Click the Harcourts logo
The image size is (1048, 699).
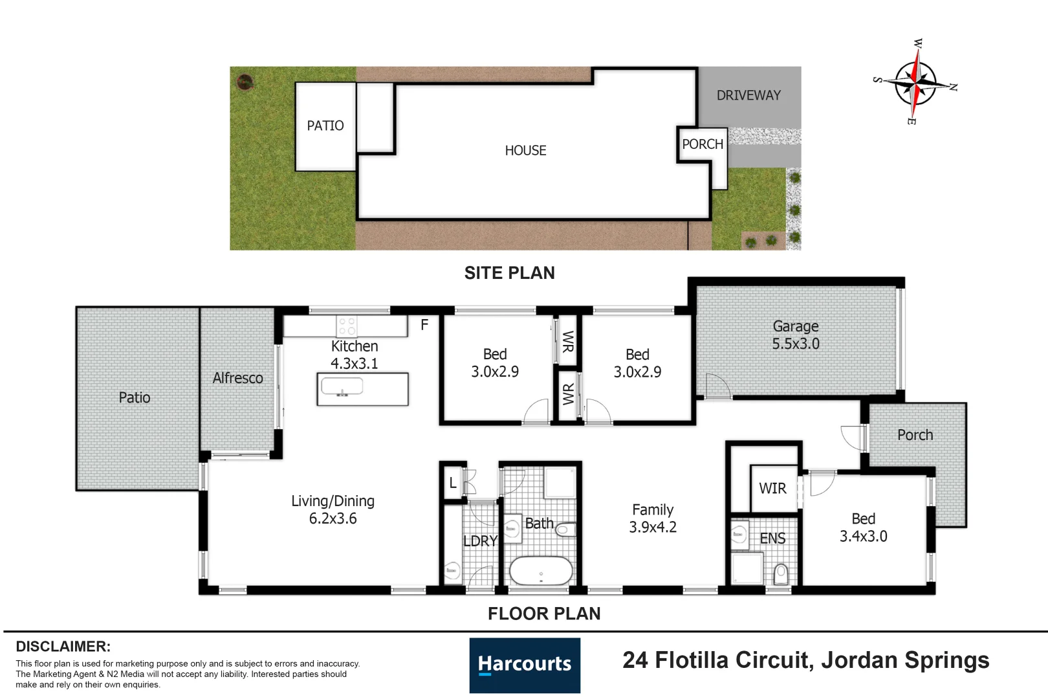(x=525, y=665)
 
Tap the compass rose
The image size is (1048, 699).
(x=915, y=82)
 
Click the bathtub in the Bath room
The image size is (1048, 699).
(x=541, y=571)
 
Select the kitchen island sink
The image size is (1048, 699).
(x=342, y=387)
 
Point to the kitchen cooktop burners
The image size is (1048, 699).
(x=347, y=326)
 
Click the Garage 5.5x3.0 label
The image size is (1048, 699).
(x=795, y=335)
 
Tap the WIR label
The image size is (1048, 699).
(x=772, y=488)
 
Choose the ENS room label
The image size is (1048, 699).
(x=772, y=538)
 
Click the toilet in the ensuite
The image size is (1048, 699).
(x=781, y=574)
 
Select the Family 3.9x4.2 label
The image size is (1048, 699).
(x=653, y=518)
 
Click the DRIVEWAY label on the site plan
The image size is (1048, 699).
(x=748, y=96)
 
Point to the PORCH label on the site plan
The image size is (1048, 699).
(x=703, y=144)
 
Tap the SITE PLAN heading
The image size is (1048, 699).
(x=510, y=273)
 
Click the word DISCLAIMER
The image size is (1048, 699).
(x=63, y=647)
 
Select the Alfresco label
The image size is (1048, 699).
(x=237, y=378)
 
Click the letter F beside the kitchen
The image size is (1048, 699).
(x=424, y=324)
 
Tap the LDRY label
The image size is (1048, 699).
(x=480, y=541)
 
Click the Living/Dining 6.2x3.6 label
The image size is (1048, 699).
(x=333, y=510)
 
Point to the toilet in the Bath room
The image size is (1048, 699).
(x=565, y=529)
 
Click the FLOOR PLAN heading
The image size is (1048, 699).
(x=544, y=614)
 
